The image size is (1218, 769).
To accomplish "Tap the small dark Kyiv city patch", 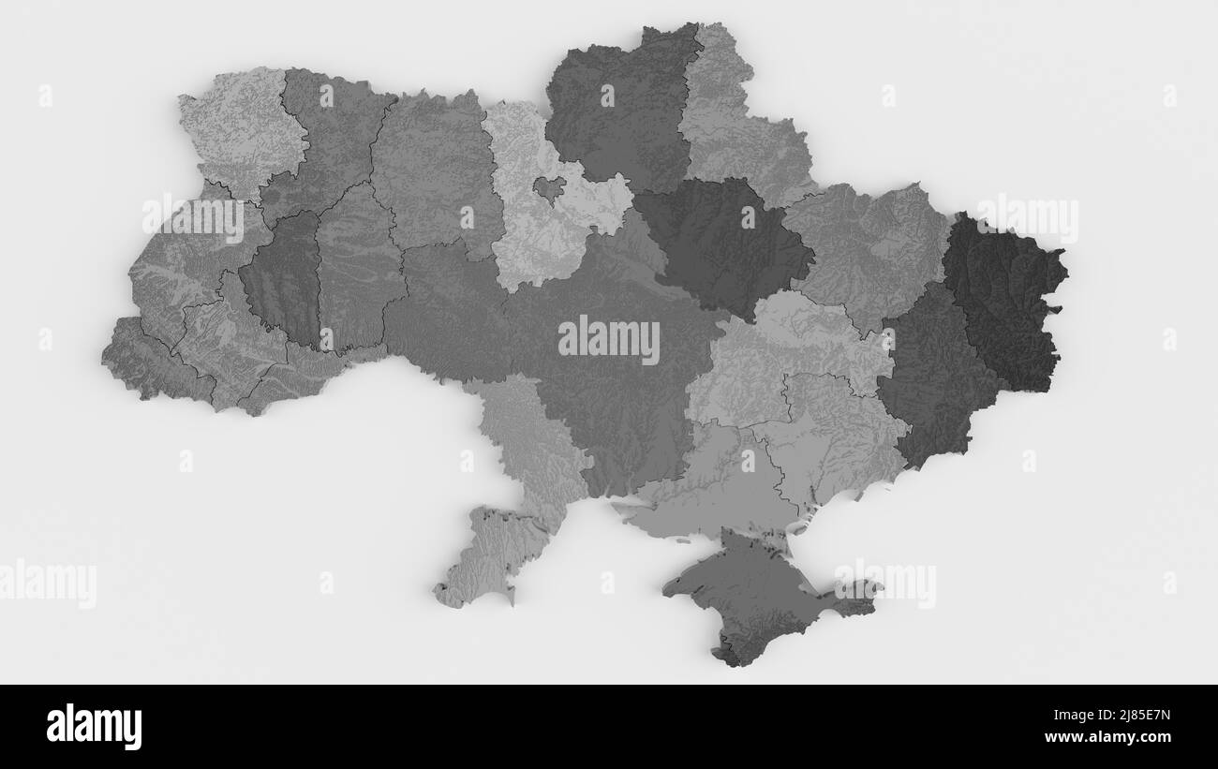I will tap(549, 187).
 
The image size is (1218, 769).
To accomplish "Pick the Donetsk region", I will tap(932, 375).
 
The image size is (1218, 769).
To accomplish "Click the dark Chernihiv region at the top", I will tap(618, 112).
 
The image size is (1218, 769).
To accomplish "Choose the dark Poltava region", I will tap(721, 244).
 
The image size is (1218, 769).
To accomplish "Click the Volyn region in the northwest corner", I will tap(239, 131).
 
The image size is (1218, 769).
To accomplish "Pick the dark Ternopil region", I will tap(281, 276).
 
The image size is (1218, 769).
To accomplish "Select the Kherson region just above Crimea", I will tap(712, 487).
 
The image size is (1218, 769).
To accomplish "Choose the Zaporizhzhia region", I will tap(834, 440).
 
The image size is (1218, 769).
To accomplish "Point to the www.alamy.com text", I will tap(1115, 737).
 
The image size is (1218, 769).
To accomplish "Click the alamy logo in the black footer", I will tap(94, 726).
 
